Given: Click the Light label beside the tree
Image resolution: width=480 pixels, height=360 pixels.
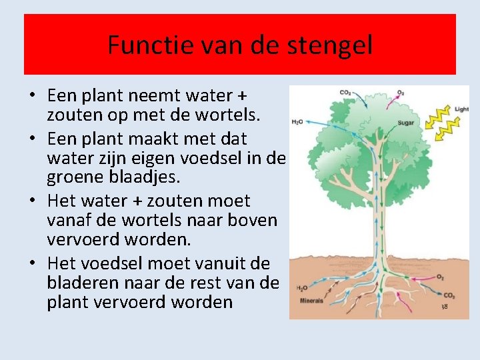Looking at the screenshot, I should pos(461,109).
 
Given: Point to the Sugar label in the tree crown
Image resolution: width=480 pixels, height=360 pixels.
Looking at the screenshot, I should pos(406,123).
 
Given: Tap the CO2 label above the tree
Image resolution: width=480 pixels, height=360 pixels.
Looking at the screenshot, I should pos(346,93).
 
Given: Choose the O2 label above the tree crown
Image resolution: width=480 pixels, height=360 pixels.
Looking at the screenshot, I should pos(401,93).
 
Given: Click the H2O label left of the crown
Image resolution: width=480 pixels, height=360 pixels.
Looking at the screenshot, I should pos(297,122).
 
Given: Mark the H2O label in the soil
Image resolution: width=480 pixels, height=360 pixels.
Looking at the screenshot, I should pos(301,288).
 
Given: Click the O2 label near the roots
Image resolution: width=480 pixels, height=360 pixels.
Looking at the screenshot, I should pos(440,276).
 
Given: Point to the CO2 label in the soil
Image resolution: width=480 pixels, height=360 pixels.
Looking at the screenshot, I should pos(450,295).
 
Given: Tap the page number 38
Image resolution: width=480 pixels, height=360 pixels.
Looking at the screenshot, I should pos(444,307).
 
